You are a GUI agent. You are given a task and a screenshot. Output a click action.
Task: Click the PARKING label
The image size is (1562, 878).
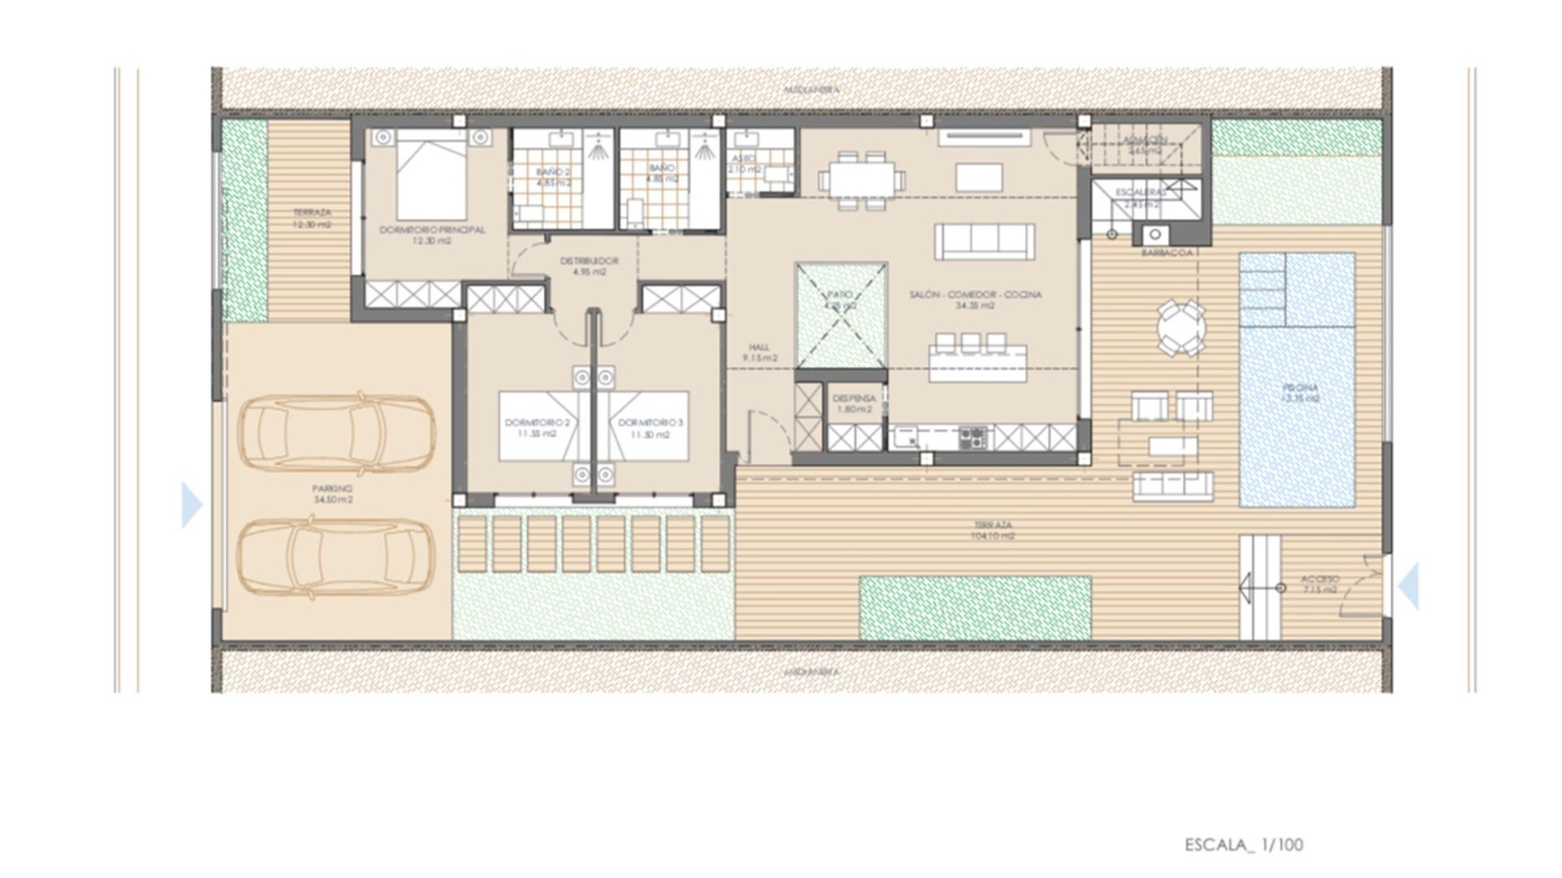332,489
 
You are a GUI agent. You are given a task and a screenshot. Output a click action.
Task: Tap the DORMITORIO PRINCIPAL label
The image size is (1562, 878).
432,230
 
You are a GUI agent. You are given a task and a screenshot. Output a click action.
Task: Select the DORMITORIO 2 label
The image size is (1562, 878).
537,423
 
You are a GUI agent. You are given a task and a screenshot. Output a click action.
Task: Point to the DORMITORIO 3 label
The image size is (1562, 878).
651,423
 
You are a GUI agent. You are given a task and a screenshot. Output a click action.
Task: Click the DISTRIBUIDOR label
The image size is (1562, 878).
589,261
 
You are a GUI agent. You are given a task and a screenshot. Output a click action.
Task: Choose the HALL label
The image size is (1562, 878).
759,347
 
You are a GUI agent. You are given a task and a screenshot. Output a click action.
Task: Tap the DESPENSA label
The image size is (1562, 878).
854,398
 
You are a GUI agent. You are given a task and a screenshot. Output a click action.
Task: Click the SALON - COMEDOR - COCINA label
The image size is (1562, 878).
975,295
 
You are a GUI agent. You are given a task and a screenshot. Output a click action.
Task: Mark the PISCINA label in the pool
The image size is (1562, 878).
1300,389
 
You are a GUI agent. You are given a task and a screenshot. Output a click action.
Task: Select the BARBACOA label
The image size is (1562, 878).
1167,253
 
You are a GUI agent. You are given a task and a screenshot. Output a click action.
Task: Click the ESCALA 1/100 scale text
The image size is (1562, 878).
1243,845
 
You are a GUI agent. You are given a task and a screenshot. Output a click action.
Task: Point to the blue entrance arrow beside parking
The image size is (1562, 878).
191,505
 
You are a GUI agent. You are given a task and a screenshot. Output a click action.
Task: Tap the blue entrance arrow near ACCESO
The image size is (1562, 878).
1409,585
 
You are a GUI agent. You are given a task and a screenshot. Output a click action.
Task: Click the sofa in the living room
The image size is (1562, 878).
984,241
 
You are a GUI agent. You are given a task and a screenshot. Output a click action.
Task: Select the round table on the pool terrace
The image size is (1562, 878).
1182,328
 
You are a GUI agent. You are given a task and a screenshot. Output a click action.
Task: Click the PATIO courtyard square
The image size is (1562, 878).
840,315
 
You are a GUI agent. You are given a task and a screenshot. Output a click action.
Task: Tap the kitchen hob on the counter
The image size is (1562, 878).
972,437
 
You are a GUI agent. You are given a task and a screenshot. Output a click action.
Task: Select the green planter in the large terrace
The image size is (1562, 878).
975,608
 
